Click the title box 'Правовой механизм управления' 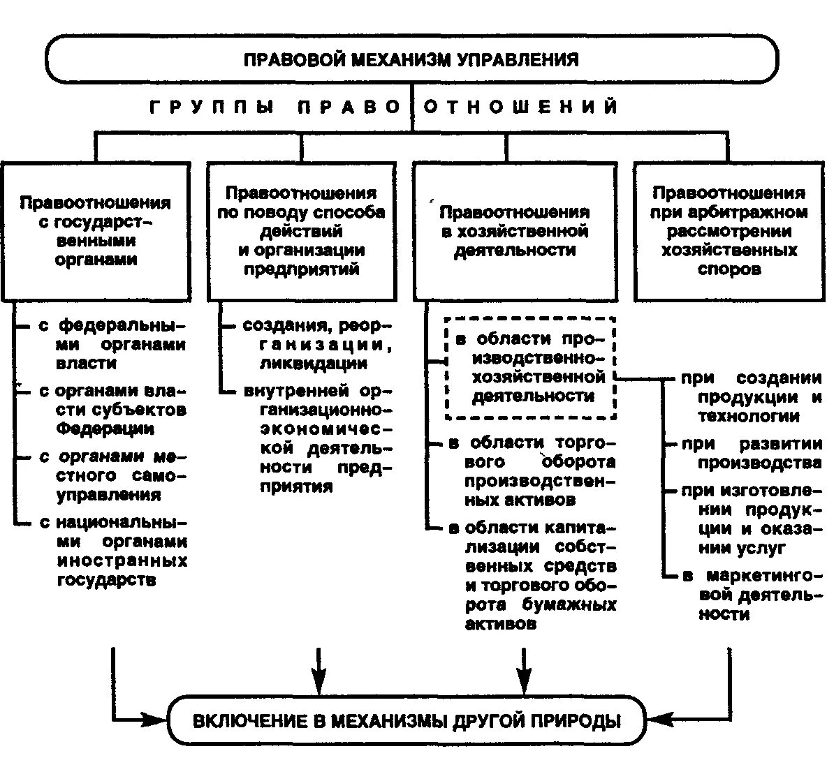[411, 59]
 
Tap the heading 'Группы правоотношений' [385, 107]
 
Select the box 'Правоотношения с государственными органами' [96, 231]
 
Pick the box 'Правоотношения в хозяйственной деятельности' [515, 231]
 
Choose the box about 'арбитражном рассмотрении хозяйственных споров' [729, 231]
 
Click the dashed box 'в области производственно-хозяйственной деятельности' [530, 368]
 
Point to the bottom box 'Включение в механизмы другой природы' [406, 720]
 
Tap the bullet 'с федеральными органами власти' [112, 345]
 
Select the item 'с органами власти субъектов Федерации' [112, 410]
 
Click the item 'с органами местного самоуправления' [112, 475]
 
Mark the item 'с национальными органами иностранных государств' [112, 551]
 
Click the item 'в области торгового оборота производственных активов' [532, 471]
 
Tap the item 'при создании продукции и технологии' [751, 397]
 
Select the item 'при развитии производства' [751, 453]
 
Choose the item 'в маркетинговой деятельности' [751, 595]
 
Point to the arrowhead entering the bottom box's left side [158, 718]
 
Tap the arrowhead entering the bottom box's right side [655, 718]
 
